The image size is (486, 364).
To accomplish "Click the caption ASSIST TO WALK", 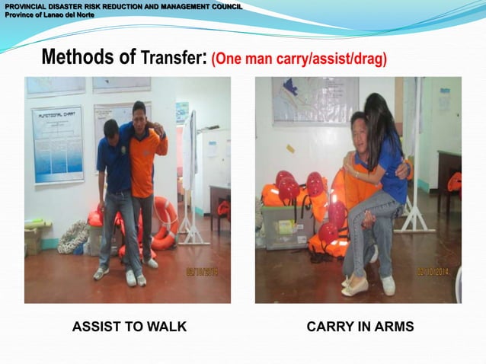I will point(129,327).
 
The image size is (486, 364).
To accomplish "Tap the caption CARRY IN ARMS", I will point(360,327).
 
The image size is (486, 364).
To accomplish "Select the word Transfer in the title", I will point(171,58).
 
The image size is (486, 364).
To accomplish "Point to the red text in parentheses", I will point(299,59).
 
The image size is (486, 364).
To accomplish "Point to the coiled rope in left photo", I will point(73,238).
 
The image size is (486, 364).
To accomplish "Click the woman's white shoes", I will point(355,287).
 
